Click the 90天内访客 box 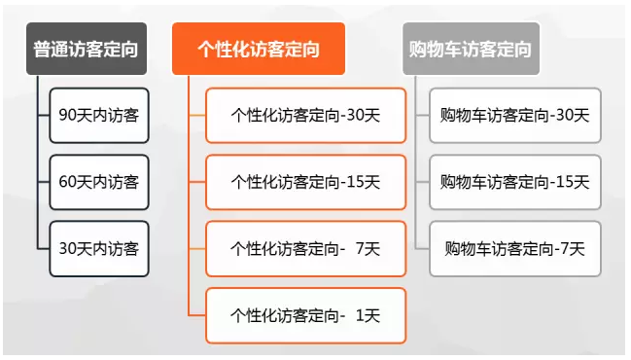[99, 115]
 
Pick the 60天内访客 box [99, 182]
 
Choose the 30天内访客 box [99, 248]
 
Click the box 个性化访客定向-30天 [305, 115]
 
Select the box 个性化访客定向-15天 [305, 182]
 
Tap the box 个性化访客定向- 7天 [305, 248]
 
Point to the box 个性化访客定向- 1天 [305, 315]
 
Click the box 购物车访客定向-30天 [515, 115]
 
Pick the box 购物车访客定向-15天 [515, 182]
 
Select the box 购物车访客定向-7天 [515, 248]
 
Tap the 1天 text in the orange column [368, 315]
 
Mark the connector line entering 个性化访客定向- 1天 [196, 315]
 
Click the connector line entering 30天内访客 [43, 248]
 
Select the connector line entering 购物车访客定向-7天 [422, 248]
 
